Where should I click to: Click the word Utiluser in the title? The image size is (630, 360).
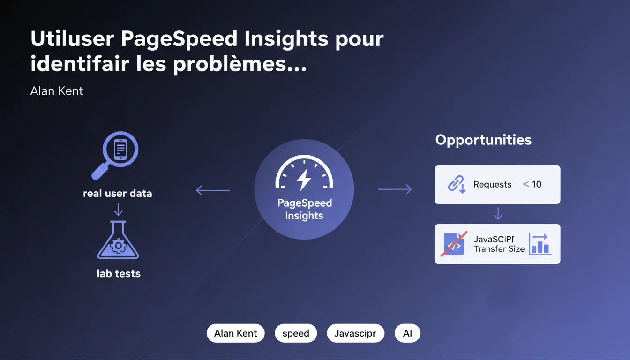point(72,38)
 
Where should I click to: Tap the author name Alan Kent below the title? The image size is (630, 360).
point(57,91)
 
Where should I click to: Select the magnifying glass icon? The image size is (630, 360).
point(115,155)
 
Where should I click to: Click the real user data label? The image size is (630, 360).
point(117,193)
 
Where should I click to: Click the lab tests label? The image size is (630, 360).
point(119,273)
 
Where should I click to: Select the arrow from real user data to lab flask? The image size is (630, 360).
point(119,209)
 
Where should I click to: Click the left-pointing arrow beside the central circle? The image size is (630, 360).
point(213,190)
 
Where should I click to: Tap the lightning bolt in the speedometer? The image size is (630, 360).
point(304,180)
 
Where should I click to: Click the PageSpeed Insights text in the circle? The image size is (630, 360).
point(304,209)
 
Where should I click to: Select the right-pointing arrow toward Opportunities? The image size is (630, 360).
point(395,189)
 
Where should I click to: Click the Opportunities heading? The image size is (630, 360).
point(483,140)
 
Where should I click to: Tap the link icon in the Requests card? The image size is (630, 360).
point(457,184)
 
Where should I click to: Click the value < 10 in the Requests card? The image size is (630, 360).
point(532,184)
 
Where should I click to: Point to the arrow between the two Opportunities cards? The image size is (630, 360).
point(498,214)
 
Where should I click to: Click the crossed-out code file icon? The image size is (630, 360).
point(454,244)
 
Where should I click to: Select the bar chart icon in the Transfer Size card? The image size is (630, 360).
point(540,244)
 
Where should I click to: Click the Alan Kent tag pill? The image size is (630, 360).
point(236,333)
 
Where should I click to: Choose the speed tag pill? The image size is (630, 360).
point(296,333)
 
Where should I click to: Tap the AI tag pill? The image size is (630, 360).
point(407,333)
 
